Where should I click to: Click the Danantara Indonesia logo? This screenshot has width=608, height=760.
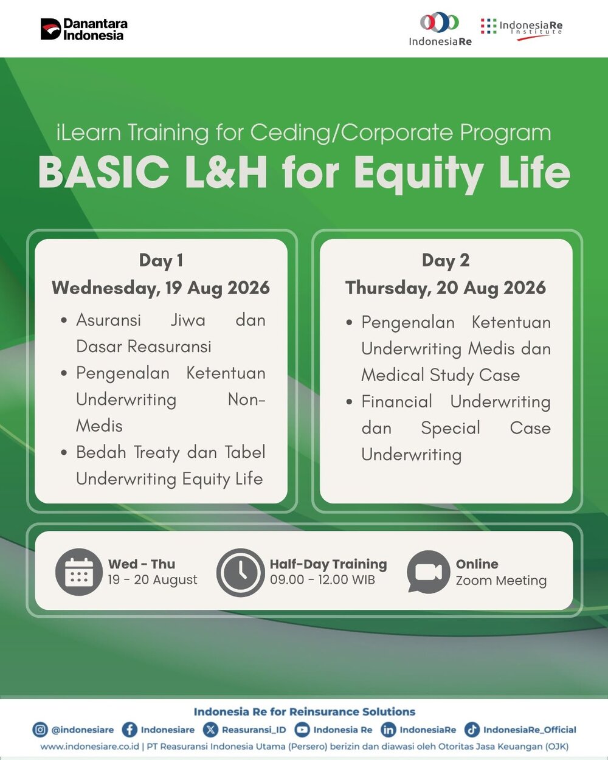point(84,29)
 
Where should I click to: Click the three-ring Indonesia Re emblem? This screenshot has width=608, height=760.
point(440,22)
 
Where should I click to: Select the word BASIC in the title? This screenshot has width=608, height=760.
point(103,173)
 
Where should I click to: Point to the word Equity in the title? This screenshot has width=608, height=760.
point(419,175)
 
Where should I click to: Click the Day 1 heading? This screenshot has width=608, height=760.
point(161,261)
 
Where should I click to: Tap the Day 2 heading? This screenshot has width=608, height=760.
point(446,261)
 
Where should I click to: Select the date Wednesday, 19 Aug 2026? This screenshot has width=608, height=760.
point(161,288)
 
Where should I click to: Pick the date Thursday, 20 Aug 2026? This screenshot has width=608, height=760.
point(446,288)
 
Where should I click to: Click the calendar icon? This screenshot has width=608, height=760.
point(79,572)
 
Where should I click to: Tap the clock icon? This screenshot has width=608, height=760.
point(241,572)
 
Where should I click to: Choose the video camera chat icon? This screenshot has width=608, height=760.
point(428,572)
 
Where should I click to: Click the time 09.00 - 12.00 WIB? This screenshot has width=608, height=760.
point(322,579)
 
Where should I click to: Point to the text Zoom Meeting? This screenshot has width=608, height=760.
point(501,580)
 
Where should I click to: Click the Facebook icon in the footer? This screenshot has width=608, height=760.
point(130,730)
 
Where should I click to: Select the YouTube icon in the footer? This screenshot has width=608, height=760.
point(302,730)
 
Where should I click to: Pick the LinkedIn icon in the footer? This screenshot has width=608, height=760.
point(389,730)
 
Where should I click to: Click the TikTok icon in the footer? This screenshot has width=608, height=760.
point(472,730)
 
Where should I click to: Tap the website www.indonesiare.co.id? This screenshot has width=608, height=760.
point(89,746)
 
